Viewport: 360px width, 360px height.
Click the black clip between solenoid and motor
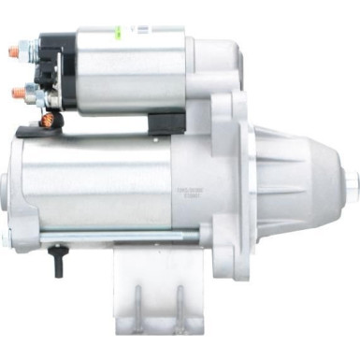159,121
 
